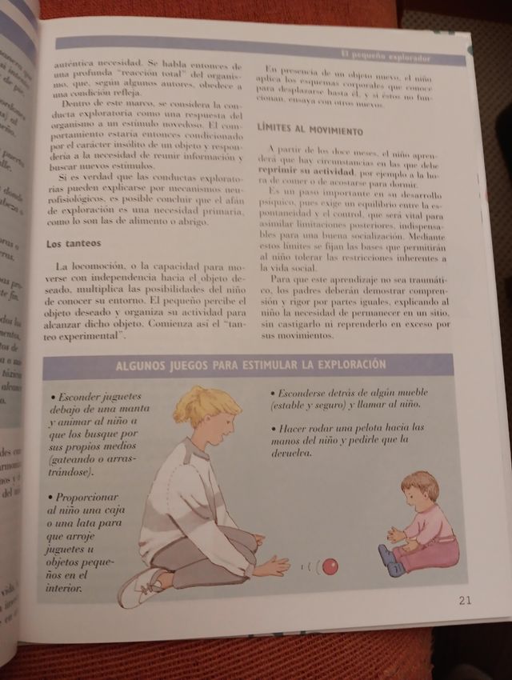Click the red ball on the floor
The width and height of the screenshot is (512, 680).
329,566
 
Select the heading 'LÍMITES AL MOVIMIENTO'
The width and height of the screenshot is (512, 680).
310,130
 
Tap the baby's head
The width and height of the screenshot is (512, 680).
420,493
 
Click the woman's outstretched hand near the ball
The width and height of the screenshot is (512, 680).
274,566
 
